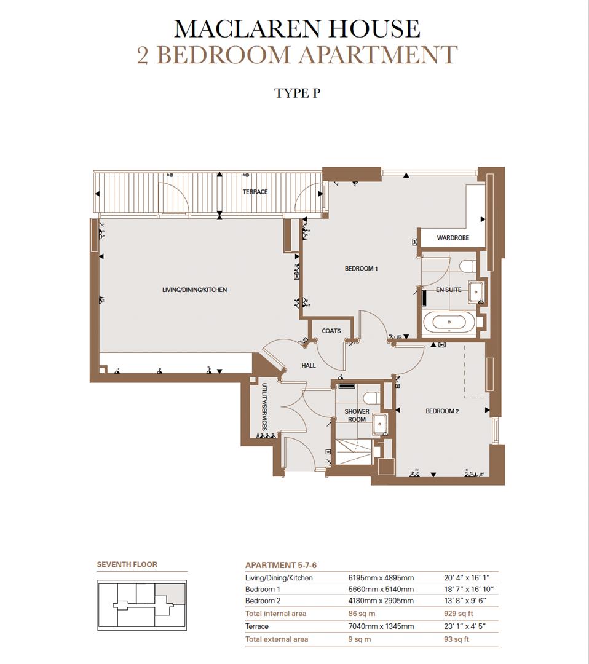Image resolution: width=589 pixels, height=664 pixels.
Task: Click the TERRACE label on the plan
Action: click(x=255, y=192)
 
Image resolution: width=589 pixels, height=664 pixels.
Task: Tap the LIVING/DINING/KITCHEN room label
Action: click(x=194, y=290)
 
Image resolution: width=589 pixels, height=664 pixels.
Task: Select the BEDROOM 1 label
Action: click(x=361, y=269)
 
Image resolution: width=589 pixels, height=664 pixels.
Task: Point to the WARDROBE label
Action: click(x=453, y=238)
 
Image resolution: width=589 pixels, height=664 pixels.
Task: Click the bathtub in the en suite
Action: click(x=449, y=323)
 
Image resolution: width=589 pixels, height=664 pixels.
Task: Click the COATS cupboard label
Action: click(x=331, y=331)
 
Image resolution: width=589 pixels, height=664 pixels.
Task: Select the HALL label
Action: click(x=308, y=365)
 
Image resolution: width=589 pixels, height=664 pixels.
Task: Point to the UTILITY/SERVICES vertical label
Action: click(x=264, y=407)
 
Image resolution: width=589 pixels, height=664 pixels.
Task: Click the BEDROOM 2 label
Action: click(x=442, y=411)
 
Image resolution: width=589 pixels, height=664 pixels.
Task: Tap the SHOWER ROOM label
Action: click(x=357, y=416)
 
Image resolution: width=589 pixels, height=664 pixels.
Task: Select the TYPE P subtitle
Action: click(x=297, y=93)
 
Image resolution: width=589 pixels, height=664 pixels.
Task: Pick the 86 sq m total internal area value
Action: click(x=362, y=614)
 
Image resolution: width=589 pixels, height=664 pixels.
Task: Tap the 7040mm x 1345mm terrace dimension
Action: click(x=381, y=626)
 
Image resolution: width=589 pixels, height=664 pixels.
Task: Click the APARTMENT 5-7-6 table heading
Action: click(x=281, y=566)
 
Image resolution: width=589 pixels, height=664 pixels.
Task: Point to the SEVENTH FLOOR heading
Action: click(x=127, y=564)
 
